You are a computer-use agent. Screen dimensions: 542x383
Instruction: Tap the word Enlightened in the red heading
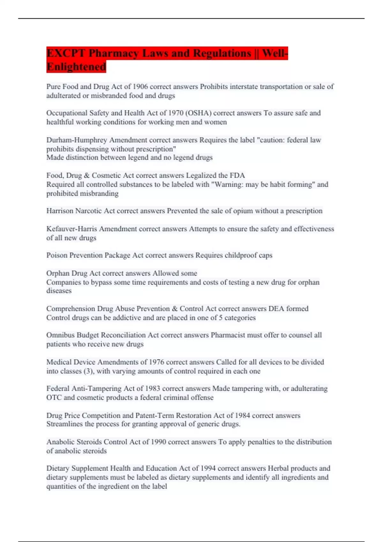(x=76, y=67)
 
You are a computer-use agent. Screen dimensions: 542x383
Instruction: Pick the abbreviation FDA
(x=237, y=175)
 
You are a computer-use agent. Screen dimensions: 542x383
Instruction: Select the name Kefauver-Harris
(x=72, y=229)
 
